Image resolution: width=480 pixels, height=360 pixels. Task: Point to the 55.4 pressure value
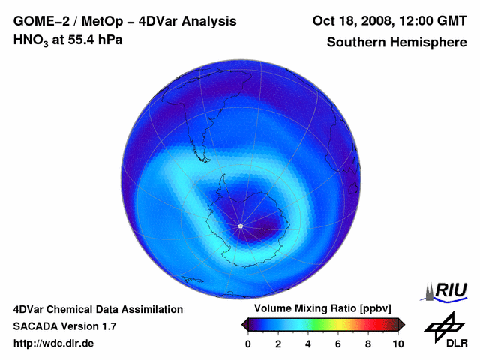coord(80,40)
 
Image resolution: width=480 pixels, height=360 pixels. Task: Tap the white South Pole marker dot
coord(240,226)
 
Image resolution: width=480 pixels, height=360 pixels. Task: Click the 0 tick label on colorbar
coord(248,343)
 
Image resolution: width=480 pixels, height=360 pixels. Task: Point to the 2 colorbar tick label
coord(278,343)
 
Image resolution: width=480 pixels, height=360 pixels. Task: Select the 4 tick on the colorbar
coord(308,343)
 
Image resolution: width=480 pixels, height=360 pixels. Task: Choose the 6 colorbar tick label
coord(338,343)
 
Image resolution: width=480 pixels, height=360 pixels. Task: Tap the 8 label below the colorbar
coord(368,343)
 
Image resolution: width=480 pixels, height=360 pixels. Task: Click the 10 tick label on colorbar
coord(397,343)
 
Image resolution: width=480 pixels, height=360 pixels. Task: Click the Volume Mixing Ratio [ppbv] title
coord(320,309)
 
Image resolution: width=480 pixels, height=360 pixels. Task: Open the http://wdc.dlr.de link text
coord(54,343)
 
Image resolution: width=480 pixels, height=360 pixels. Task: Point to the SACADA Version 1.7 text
coord(64,326)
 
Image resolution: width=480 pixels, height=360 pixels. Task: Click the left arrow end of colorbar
coord(244,324)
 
